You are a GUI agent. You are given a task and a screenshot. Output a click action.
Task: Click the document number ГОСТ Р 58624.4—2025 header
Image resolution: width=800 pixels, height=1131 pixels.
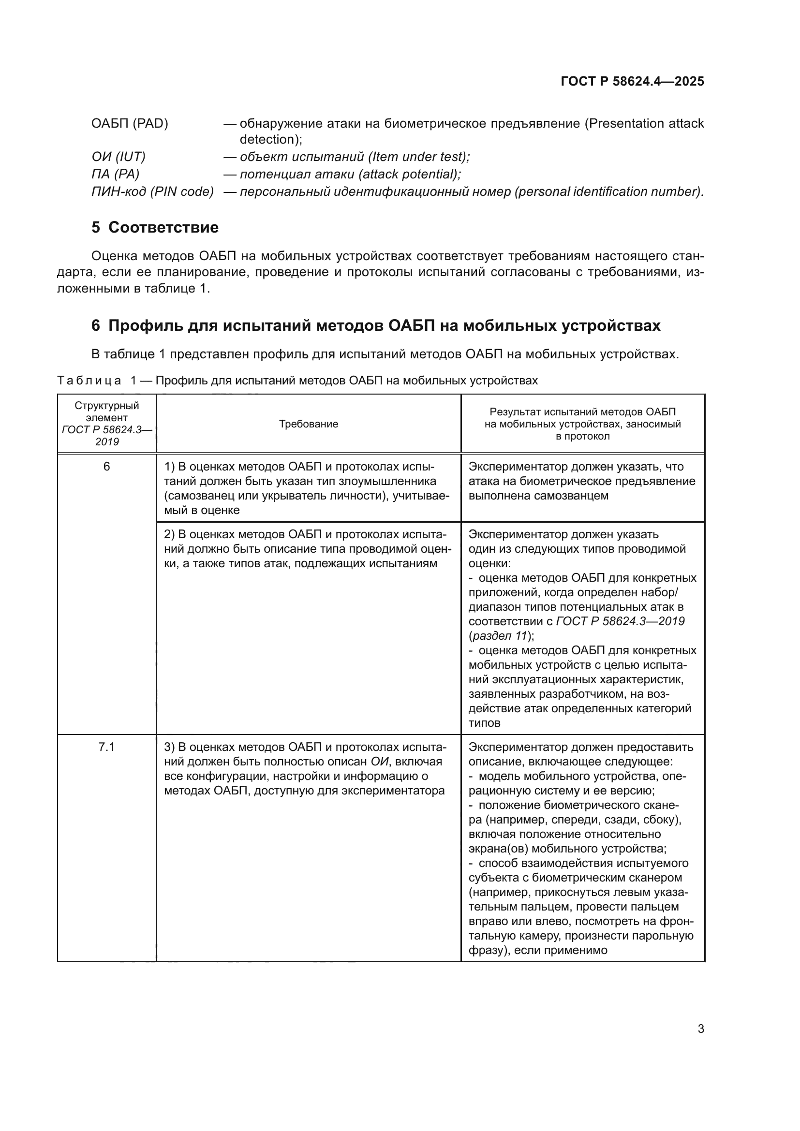coord(632,81)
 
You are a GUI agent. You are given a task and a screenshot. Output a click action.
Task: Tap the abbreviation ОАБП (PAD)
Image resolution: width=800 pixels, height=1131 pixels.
coord(130,124)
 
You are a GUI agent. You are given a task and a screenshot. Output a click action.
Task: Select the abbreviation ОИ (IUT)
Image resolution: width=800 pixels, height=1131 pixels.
coord(118,157)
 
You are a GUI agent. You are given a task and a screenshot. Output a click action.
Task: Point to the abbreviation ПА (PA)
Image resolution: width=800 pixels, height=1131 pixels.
coord(115,175)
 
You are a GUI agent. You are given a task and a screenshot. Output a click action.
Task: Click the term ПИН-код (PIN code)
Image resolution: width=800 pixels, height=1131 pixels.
coord(152,191)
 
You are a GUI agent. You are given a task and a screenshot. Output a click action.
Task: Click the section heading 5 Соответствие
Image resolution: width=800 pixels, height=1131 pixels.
coord(155,228)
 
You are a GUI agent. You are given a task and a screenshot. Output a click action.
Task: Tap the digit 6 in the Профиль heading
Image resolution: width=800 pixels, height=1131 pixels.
coord(96,326)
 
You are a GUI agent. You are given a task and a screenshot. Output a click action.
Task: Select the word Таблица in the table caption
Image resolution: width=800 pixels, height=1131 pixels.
coord(89,381)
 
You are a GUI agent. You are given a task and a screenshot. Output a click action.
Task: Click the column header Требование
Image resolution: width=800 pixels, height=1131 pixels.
coord(309,424)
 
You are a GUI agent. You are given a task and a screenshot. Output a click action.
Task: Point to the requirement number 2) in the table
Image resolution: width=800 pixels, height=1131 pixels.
coord(169,535)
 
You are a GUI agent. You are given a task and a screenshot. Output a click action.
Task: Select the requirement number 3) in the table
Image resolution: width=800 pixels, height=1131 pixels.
coord(169,747)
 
